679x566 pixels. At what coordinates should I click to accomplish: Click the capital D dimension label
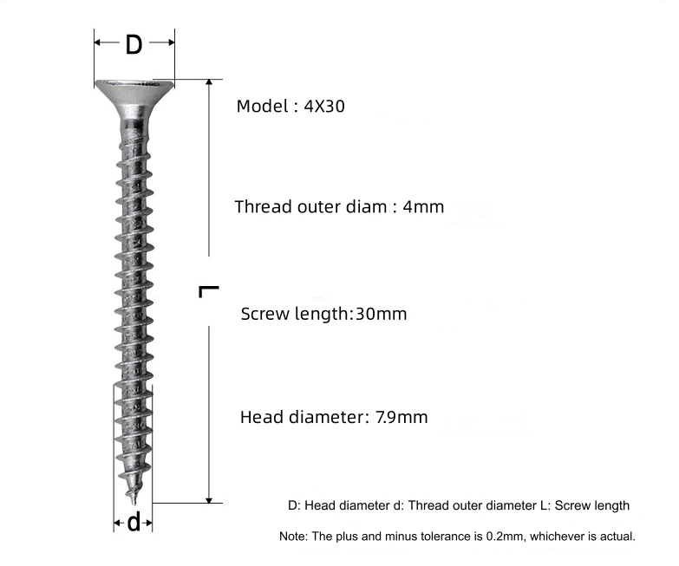[x=134, y=44]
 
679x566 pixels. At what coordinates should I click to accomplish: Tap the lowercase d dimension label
[x=134, y=522]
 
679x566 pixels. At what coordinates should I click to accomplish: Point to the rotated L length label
[x=209, y=291]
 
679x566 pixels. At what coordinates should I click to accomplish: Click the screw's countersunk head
[x=134, y=99]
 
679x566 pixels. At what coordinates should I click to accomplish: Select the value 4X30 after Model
[x=324, y=106]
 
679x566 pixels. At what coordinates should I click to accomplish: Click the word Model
[x=262, y=106]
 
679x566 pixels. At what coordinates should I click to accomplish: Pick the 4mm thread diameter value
[x=423, y=207]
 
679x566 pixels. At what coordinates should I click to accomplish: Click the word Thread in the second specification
[x=264, y=207]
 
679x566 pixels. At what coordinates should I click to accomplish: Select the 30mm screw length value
[x=381, y=314]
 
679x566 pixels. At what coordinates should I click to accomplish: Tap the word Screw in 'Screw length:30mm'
[x=265, y=314]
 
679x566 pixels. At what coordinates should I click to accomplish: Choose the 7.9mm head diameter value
[x=402, y=417]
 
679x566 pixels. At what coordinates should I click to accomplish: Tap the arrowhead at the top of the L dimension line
[x=209, y=82]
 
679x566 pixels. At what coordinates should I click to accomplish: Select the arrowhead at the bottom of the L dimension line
[x=209, y=500]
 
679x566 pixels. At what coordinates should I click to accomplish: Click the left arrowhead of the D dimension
[x=98, y=42]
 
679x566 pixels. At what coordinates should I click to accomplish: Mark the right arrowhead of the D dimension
[x=171, y=42]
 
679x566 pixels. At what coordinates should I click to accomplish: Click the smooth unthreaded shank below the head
[x=134, y=128]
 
